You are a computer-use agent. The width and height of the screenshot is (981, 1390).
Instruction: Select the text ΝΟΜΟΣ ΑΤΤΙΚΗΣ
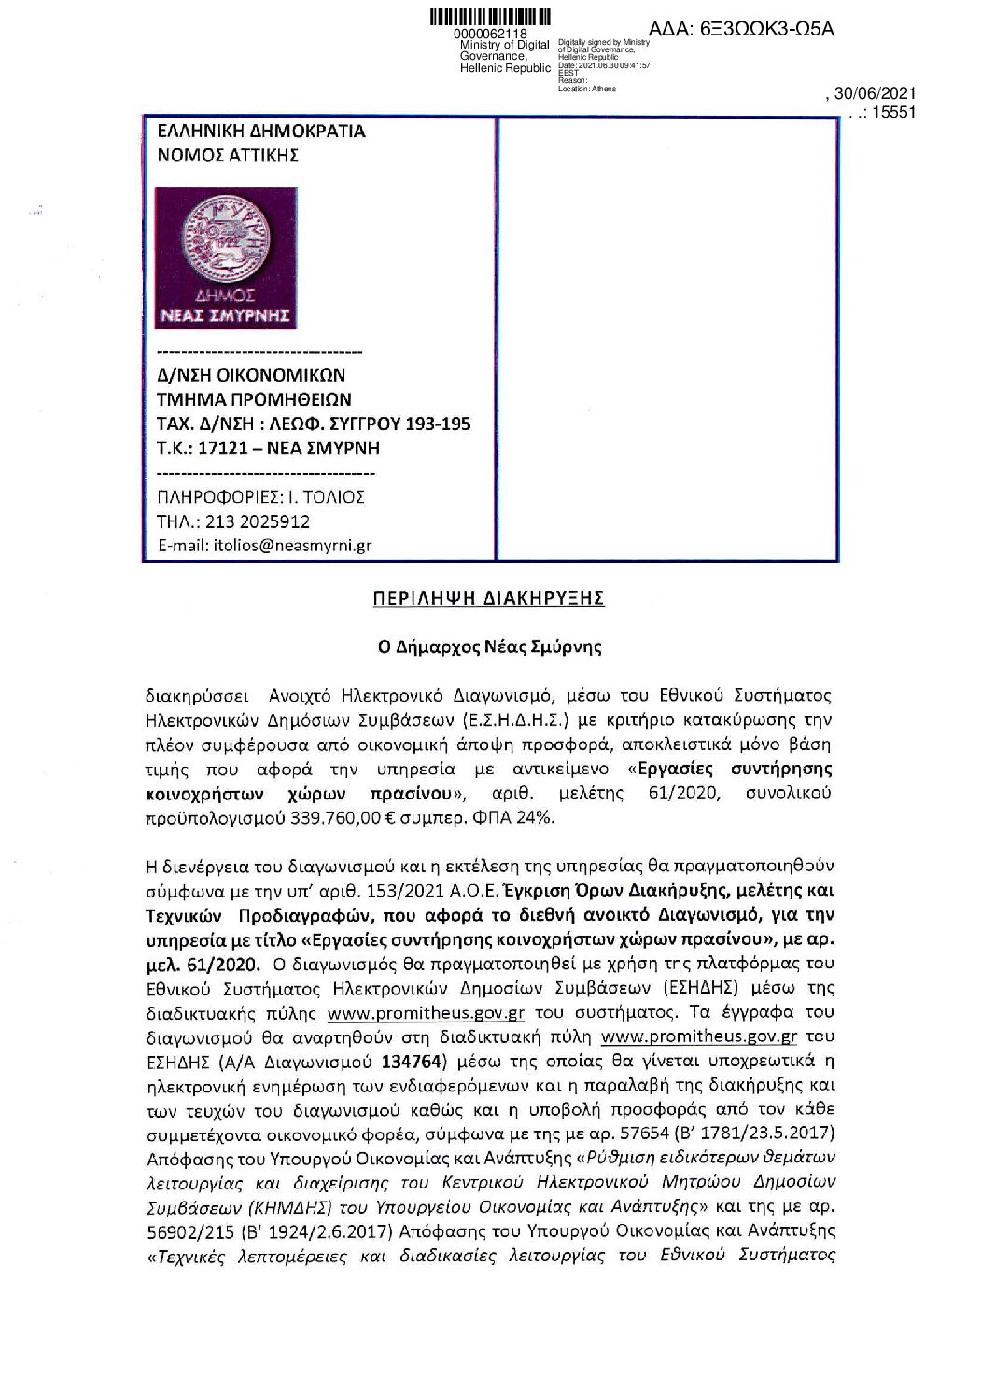(x=227, y=156)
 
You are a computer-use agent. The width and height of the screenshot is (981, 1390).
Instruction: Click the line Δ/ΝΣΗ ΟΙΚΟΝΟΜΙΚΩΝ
(x=250, y=376)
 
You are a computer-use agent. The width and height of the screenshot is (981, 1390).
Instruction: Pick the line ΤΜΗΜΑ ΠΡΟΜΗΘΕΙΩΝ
(x=254, y=400)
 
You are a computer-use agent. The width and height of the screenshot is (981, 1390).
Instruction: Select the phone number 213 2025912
(x=253, y=521)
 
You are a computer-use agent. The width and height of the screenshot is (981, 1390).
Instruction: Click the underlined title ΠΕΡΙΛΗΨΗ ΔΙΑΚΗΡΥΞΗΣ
(x=488, y=598)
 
